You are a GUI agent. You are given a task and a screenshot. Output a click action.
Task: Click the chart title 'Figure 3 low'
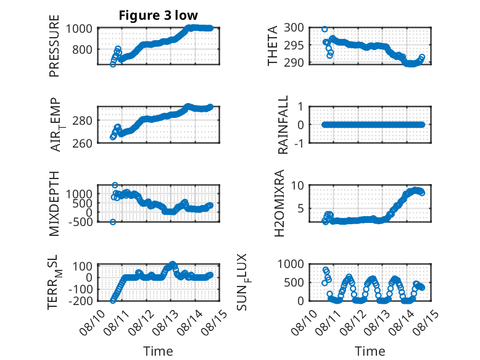pos(159,15)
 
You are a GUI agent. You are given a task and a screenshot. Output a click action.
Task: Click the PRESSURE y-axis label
pos(54,46)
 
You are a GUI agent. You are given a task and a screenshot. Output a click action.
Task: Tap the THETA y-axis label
pos(272,46)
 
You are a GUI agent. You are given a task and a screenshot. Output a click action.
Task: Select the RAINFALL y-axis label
pos(283,125)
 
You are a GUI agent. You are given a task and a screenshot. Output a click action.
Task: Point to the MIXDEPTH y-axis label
pos(54,203)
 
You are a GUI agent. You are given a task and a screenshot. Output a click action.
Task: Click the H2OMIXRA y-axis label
pos(279,203)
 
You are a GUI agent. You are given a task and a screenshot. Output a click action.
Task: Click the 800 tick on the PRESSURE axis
pos(82,49)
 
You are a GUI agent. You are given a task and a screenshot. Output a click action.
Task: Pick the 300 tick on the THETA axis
pos(294,28)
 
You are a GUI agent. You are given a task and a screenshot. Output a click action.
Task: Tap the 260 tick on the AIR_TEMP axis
pos(82,143)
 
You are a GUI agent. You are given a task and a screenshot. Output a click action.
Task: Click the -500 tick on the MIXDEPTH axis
pos(80,222)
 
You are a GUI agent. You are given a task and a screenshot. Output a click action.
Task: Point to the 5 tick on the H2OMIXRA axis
pos(300,209)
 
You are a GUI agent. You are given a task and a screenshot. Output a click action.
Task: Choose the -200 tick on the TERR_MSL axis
pos(80,301)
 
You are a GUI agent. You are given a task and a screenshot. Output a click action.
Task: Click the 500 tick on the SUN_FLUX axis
pos(294,282)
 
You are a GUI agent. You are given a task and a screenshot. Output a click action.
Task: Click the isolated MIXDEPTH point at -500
pos(113,222)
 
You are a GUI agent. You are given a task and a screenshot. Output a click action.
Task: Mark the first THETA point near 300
pos(325,30)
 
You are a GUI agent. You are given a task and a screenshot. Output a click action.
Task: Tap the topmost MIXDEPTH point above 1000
pos(115,185)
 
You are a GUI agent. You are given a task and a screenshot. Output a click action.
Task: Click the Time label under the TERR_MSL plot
pos(159,351)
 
